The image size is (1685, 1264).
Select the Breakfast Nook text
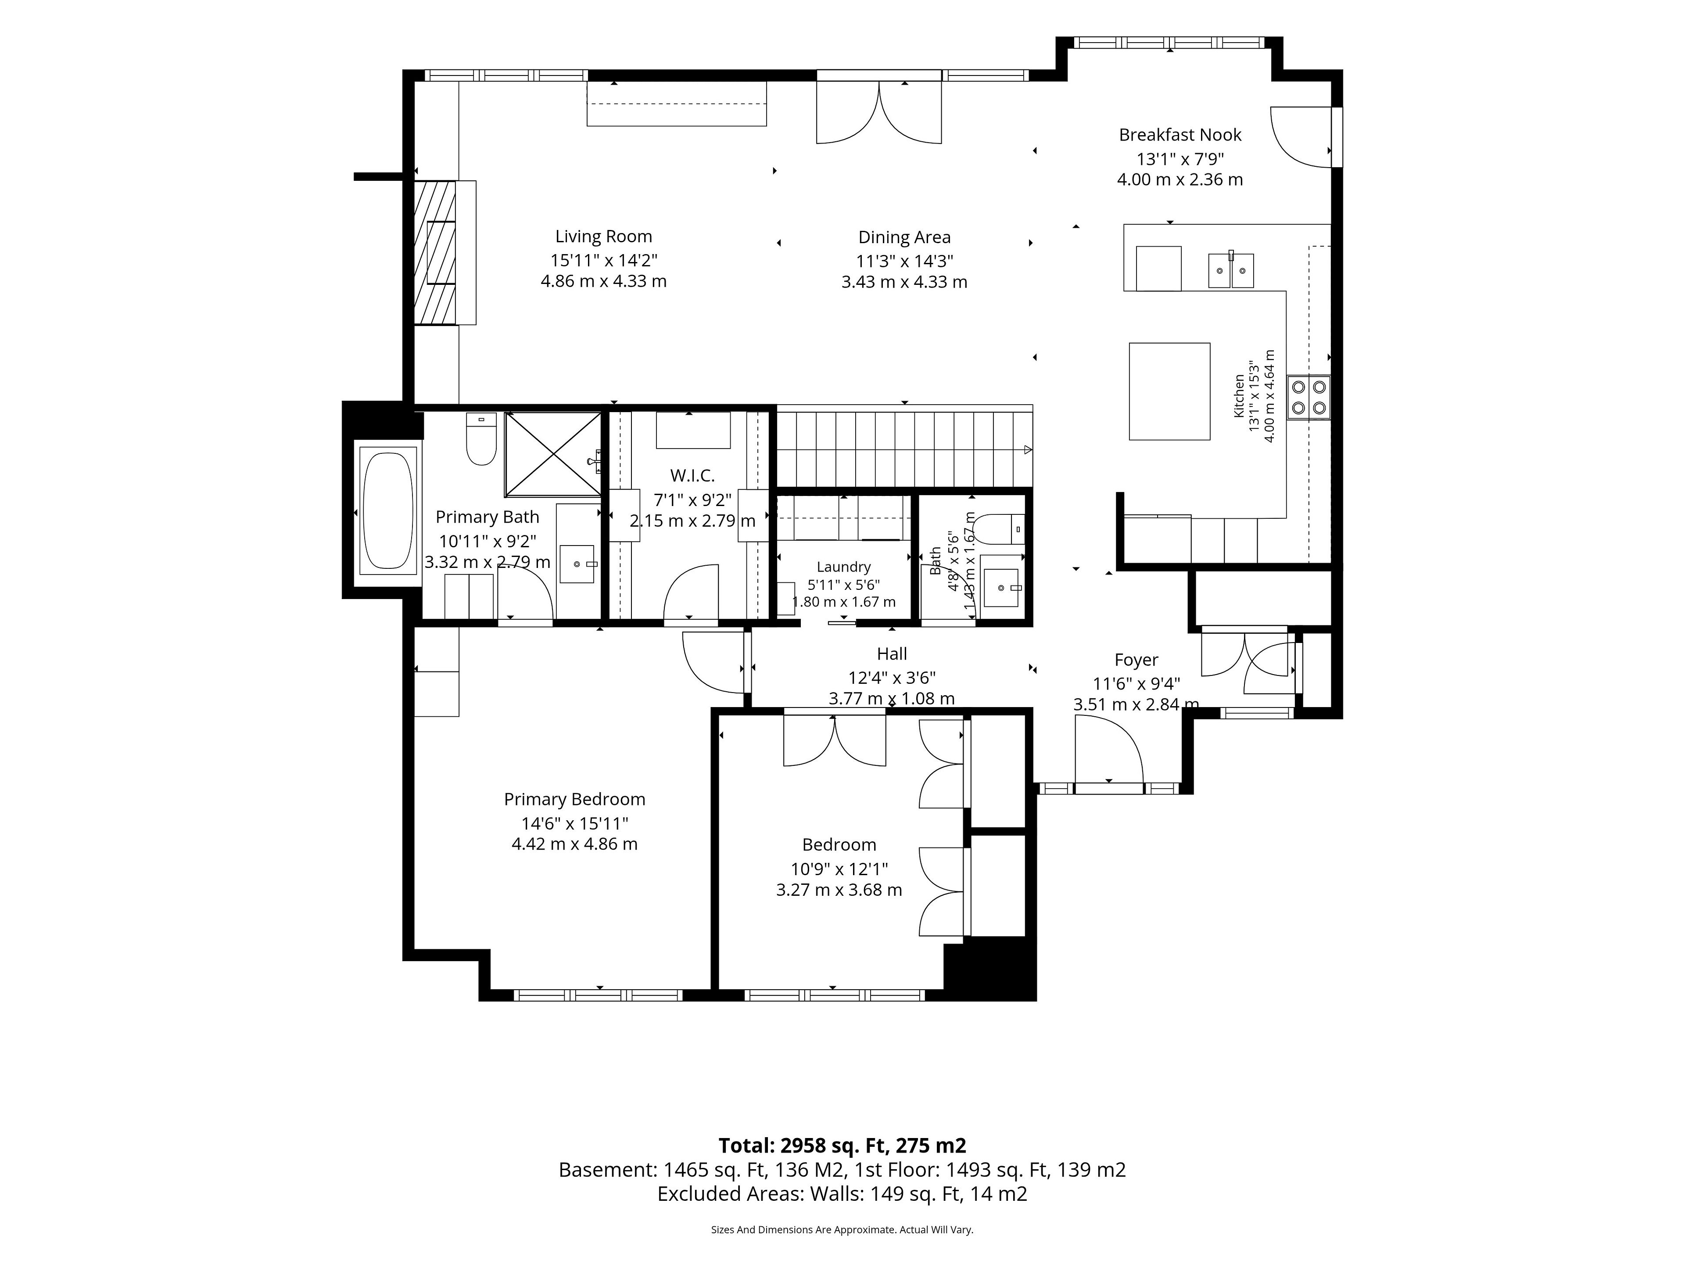(1180, 135)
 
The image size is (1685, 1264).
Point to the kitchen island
(1169, 391)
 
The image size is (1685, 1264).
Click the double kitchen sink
(1231, 270)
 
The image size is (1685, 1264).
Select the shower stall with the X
(553, 453)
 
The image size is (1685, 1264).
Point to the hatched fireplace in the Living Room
(435, 253)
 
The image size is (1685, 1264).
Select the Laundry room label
(843, 567)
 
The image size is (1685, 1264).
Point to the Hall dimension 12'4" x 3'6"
(892, 677)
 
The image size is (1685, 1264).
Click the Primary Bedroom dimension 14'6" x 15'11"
(574, 824)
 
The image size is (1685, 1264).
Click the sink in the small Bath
(1000, 587)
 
